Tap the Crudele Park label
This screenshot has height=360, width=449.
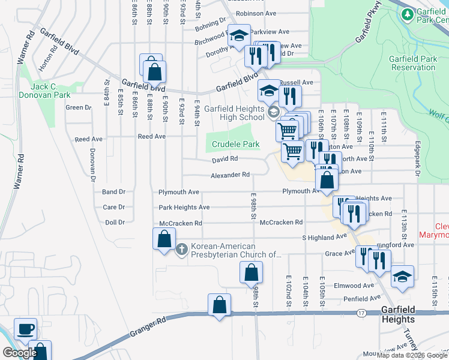point(235,145)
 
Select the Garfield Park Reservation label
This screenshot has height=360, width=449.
point(412,63)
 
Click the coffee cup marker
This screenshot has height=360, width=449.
point(25,329)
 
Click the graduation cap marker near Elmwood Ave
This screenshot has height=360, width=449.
point(402,277)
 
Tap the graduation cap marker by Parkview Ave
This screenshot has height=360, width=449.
point(239,35)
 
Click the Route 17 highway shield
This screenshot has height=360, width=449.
point(361,313)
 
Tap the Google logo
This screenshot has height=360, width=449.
point(19,353)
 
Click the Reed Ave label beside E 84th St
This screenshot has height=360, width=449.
point(88,139)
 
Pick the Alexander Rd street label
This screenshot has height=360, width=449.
point(229,175)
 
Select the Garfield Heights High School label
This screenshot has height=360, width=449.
point(234,113)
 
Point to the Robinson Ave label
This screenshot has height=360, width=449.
point(256,13)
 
